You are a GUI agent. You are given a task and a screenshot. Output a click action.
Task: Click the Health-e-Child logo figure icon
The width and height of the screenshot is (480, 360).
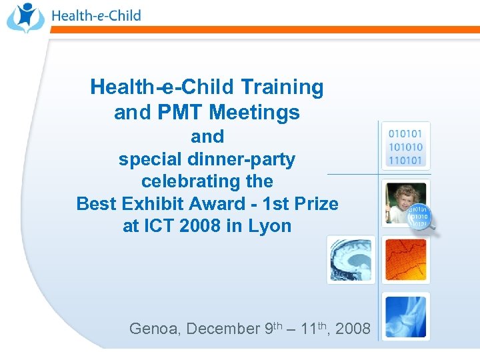pos(25,17)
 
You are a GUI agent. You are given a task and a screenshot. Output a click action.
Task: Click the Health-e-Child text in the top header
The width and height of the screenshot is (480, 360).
pos(96,15)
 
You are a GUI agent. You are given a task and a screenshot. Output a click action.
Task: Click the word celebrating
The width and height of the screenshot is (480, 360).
pos(207,181)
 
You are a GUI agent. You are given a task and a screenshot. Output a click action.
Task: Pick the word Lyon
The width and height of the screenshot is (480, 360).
pos(269,225)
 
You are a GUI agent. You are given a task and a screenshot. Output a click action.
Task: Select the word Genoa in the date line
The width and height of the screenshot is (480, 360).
pos(154,329)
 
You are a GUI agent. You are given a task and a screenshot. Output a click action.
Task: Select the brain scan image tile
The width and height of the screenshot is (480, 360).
pos(351,259)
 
